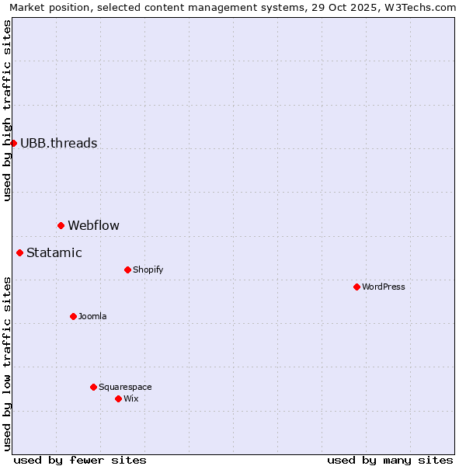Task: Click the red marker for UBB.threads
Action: pyautogui.click(x=13, y=143)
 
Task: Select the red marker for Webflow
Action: pyautogui.click(x=61, y=225)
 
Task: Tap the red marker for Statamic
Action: pyautogui.click(x=19, y=252)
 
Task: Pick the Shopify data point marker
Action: pyautogui.click(x=127, y=270)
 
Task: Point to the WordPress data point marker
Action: pyautogui.click(x=356, y=287)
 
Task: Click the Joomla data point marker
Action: pyautogui.click(x=73, y=316)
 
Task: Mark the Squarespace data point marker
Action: pyautogui.click(x=93, y=387)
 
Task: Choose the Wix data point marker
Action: pyautogui.click(x=118, y=398)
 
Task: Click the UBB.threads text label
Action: pyautogui.click(x=58, y=143)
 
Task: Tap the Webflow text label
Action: pyautogui.click(x=93, y=226)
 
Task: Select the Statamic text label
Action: pyautogui.click(x=54, y=252)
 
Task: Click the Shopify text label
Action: pyautogui.click(x=148, y=270)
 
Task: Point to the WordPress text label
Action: pyautogui.click(x=383, y=287)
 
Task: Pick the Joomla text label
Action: pyautogui.click(x=92, y=316)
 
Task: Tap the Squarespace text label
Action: pyautogui.click(x=125, y=387)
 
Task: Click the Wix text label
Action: pyautogui.click(x=130, y=398)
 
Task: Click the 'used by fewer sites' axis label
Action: pyautogui.click(x=80, y=460)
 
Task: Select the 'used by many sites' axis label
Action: pyautogui.click(x=390, y=460)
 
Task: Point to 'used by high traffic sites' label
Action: pyautogui.click(x=8, y=110)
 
